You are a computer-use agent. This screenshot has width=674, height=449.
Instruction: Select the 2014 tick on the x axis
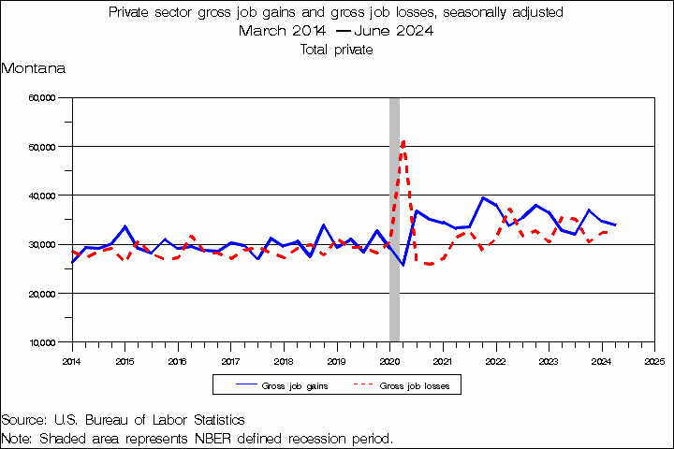click(72, 360)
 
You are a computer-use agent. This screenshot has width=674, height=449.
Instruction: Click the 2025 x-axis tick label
click(654, 360)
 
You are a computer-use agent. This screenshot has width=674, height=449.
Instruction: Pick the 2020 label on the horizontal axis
click(389, 360)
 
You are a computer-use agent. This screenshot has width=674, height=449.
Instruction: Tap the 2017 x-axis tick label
click(230, 360)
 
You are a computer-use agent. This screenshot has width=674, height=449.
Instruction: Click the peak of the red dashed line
click(403, 140)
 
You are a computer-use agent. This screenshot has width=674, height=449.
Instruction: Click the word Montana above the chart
click(33, 69)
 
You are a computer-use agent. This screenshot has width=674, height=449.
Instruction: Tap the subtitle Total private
click(337, 50)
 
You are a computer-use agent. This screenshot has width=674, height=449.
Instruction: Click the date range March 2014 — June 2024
click(337, 31)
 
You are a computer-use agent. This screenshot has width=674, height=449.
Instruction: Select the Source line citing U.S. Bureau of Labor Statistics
click(123, 420)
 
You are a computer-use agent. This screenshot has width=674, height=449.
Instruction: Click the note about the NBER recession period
click(198, 438)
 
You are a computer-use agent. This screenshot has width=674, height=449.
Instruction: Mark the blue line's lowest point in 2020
click(403, 265)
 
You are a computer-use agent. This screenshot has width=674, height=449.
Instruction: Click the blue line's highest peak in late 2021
click(482, 197)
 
